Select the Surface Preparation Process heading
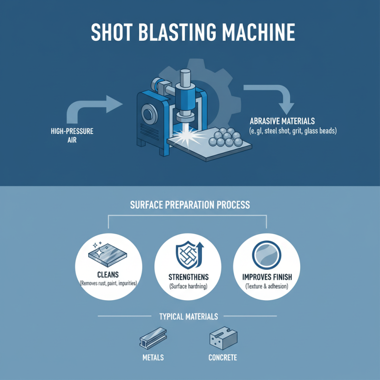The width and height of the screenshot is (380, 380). [190, 206]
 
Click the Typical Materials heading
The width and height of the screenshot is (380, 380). [189, 316]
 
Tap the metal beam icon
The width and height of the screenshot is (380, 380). [152, 339]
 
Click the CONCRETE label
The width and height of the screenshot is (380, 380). [222, 357]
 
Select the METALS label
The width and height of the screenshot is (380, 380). [152, 357]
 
